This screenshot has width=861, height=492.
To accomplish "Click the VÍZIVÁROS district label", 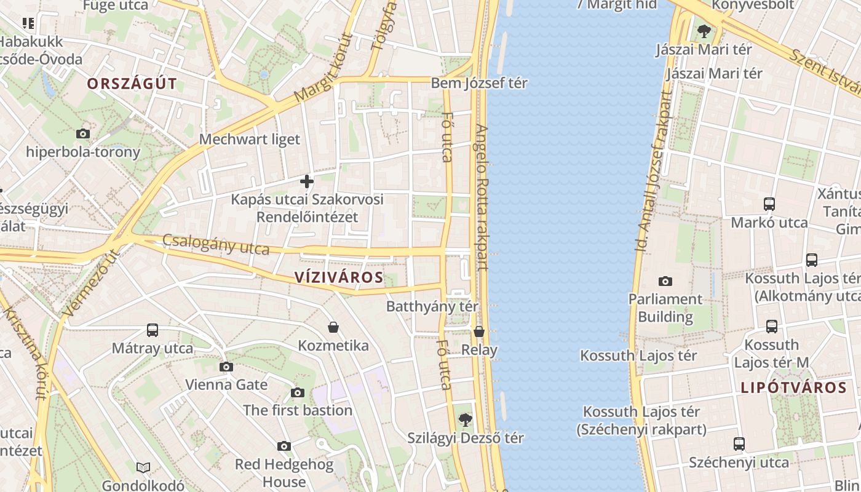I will coord(339,277).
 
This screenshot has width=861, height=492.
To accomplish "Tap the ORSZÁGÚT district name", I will coord(132,84).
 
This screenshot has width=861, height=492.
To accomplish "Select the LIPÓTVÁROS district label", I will coord(794,387).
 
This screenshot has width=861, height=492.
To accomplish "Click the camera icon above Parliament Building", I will coord(665,282).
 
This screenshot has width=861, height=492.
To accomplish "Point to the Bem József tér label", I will coord(479,83).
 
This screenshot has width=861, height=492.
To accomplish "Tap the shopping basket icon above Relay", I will coord(479,332).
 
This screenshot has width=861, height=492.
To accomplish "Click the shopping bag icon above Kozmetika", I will coord(333,327).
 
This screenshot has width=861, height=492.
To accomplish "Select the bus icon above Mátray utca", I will coord(153,330).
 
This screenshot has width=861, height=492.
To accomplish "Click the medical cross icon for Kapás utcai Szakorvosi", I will coord(307,181).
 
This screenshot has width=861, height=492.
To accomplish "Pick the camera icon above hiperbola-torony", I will coord(82,133).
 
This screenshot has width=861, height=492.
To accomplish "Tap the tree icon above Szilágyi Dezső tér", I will coord(466,420).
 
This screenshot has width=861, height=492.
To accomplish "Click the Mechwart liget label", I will coord(250,140).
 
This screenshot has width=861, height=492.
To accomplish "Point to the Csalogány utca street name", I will coord(216,244).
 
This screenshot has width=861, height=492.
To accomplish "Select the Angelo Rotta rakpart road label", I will coord(481,197).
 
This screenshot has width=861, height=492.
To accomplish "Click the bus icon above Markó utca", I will coord(769,204).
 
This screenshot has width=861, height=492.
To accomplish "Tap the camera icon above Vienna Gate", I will coord(226,367).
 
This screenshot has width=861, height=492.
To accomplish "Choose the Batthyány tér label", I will coord(432,306).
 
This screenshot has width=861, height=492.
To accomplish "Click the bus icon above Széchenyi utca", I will coord(739,443).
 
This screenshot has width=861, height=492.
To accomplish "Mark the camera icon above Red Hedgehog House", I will coord(284,446).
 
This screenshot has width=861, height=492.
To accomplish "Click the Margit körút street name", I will coord(324,68).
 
